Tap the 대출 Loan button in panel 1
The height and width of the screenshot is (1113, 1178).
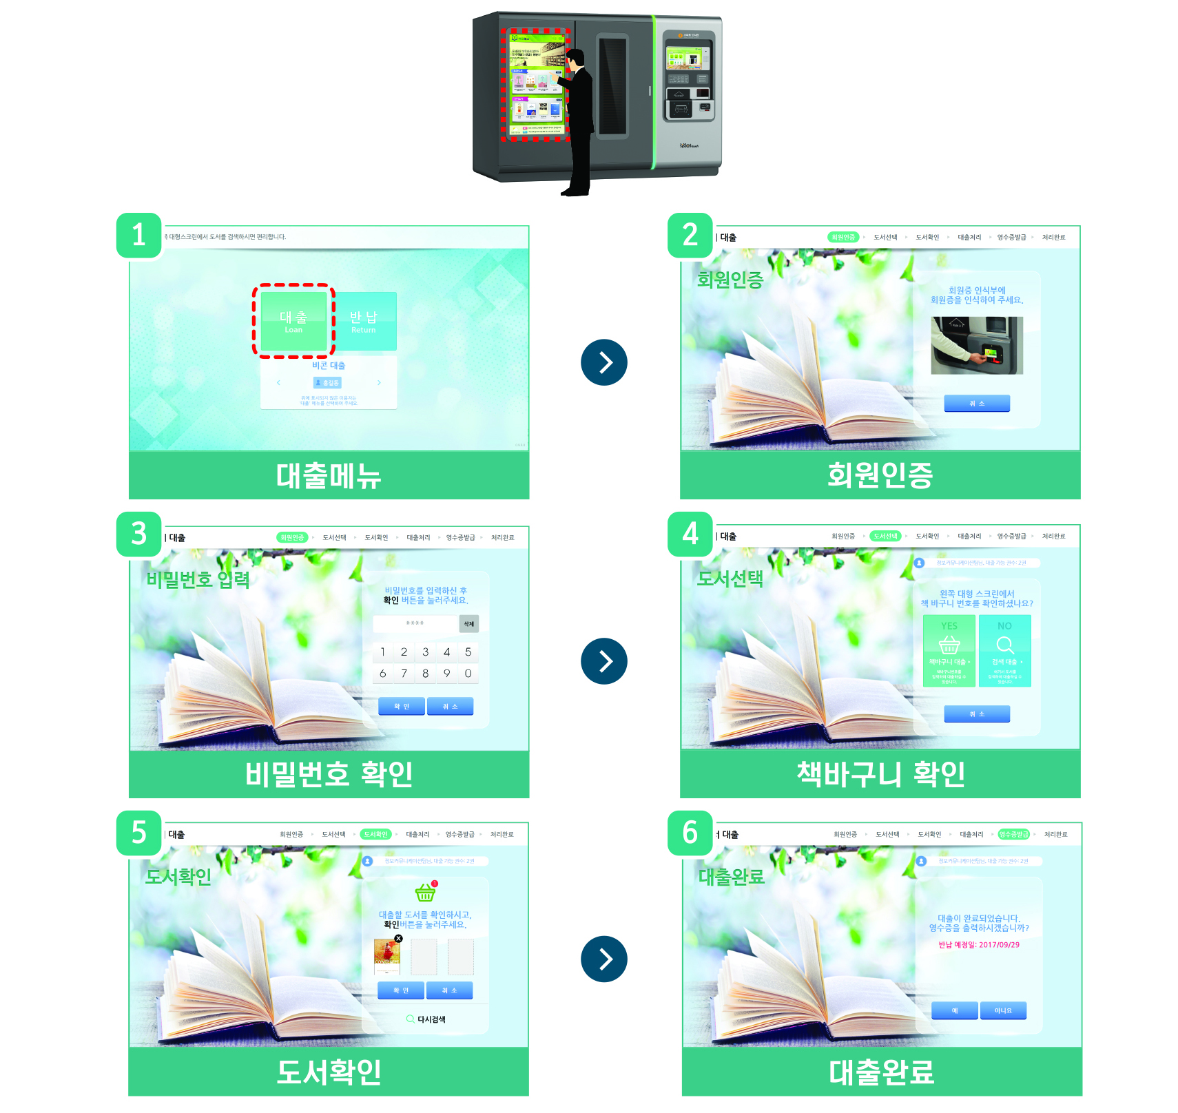click(293, 321)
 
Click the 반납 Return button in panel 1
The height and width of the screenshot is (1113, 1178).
click(364, 321)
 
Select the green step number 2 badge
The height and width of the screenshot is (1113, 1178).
click(690, 236)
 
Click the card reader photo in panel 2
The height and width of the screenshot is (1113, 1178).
click(976, 345)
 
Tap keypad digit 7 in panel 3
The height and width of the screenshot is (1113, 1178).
click(404, 674)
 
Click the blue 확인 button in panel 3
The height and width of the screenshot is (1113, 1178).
click(401, 706)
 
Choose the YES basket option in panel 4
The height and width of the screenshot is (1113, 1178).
click(949, 650)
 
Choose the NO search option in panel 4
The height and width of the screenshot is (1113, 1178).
click(1004, 650)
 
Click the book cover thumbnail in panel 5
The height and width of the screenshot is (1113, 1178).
click(387, 955)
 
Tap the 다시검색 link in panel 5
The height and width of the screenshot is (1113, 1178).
click(426, 1019)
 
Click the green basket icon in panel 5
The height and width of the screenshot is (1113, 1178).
click(425, 893)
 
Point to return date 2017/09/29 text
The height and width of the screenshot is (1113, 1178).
click(979, 945)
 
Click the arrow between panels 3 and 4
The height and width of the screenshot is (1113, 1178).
click(604, 661)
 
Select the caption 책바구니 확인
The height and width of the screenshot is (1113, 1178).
click(880, 774)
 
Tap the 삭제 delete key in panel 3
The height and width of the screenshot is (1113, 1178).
click(468, 624)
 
